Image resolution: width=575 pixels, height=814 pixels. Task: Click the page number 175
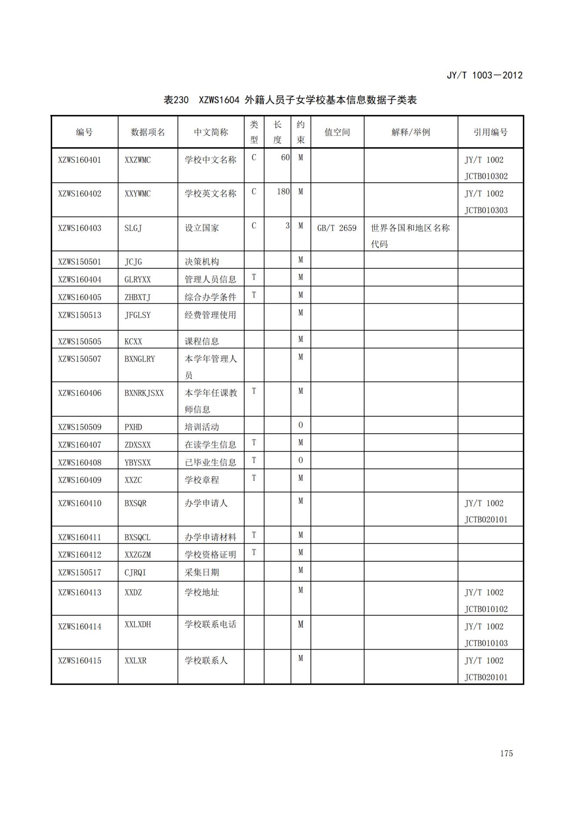click(506, 753)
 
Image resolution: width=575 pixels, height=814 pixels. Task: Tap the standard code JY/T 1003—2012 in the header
click(484, 75)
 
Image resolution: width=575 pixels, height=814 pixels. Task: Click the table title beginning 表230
click(290, 100)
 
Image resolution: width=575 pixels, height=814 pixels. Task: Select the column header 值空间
click(337, 132)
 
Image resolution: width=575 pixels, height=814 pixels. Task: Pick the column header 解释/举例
click(410, 132)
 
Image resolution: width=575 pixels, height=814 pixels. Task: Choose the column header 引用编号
click(490, 132)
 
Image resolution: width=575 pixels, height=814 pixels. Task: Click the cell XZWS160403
click(80, 228)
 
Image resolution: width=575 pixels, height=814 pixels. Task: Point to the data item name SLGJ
click(133, 228)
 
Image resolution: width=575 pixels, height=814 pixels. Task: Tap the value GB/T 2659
click(337, 228)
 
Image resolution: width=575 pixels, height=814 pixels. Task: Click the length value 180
click(283, 191)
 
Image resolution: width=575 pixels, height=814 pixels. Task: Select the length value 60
click(285, 157)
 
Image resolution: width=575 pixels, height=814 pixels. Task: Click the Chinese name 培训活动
click(202, 427)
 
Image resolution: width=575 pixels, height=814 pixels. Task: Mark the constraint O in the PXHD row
click(300, 425)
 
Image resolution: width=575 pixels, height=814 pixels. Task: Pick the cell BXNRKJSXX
click(144, 393)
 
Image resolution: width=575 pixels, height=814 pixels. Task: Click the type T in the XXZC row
click(254, 478)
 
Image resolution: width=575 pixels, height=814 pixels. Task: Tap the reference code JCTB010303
click(486, 210)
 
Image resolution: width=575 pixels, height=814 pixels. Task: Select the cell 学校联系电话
click(210, 624)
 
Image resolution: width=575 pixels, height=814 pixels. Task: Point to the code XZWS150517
click(80, 573)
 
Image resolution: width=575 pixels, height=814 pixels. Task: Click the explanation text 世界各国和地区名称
click(410, 228)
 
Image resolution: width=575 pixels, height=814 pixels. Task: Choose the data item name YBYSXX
click(137, 462)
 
